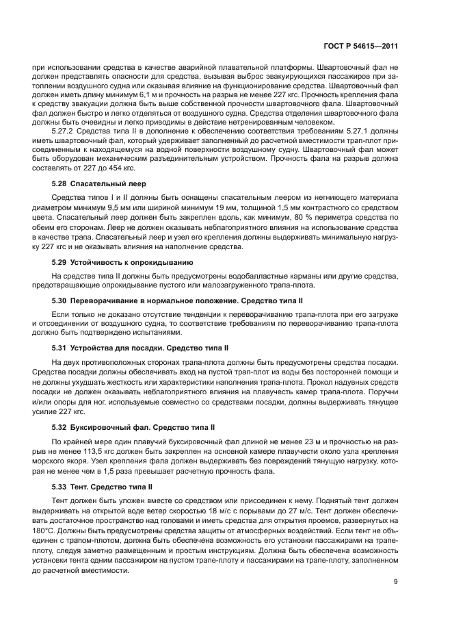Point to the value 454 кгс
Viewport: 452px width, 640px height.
pos(120,168)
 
